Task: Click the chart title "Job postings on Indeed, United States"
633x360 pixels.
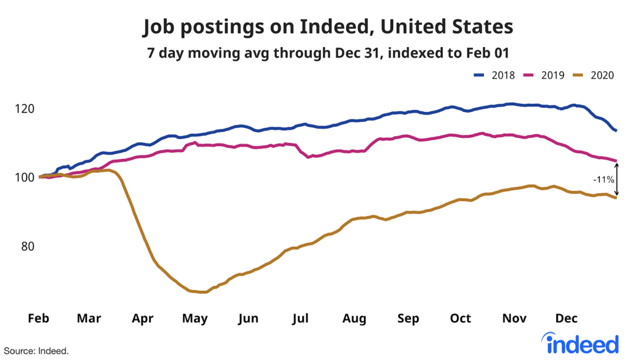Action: (328, 27)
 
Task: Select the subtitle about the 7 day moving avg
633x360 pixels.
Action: (328, 54)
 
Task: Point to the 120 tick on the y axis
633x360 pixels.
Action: (24, 109)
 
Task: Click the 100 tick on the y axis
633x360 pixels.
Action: (24, 178)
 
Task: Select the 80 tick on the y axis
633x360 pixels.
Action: (25, 246)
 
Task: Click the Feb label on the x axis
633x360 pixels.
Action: (38, 319)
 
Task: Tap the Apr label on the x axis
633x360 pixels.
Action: (142, 319)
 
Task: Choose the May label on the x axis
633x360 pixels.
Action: (195, 319)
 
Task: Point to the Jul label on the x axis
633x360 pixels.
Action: (300, 319)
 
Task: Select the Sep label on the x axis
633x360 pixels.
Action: (408, 319)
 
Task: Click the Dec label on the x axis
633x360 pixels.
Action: (566, 319)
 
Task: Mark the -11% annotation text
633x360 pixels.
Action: (603, 180)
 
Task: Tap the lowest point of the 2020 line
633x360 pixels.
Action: (202, 292)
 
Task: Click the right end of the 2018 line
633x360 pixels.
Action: (616, 131)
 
